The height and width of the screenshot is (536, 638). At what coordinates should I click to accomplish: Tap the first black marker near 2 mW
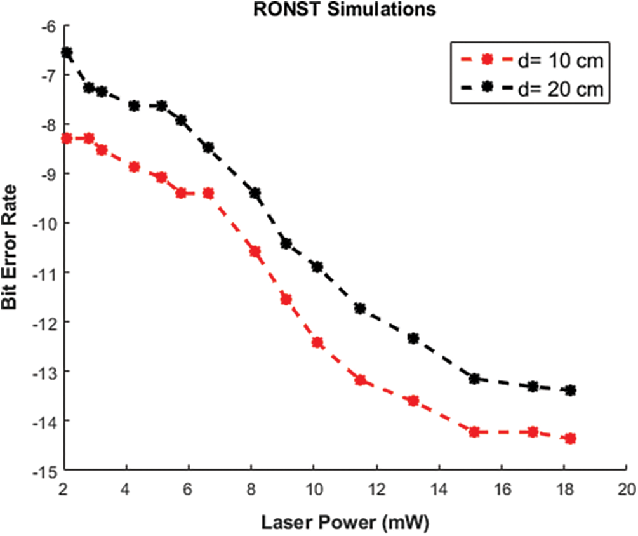(67, 52)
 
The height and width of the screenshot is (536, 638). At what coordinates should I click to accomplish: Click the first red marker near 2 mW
(67, 138)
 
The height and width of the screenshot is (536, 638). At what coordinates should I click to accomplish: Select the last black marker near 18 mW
(569, 390)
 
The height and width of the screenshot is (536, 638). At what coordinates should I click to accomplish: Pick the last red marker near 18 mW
(569, 438)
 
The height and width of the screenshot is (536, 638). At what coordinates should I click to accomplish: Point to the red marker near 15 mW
(474, 432)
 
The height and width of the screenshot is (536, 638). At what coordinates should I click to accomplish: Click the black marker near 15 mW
(474, 379)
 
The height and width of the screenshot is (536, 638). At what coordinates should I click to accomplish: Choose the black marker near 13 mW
(413, 338)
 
